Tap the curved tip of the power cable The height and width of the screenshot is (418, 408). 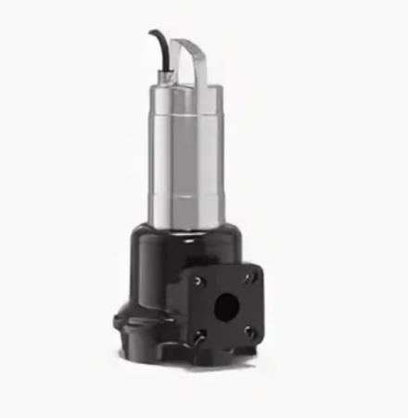(154, 34)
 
